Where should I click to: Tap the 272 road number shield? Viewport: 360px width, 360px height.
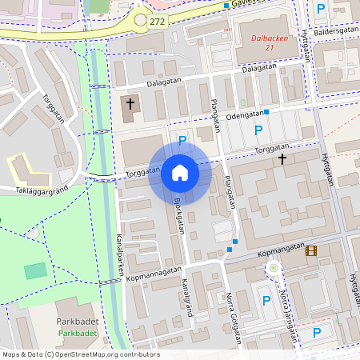click(157, 20)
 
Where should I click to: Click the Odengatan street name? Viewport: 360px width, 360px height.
click(243, 114)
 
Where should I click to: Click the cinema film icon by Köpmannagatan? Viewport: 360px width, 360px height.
click(310, 251)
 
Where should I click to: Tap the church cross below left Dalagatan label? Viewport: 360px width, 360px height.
click(130, 104)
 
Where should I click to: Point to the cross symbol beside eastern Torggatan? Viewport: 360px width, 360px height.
click(282, 159)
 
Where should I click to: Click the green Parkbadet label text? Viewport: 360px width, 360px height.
click(78, 333)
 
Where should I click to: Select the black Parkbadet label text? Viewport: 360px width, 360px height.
click(78, 322)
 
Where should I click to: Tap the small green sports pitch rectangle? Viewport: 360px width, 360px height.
click(35, 270)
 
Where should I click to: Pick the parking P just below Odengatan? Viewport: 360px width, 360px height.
click(258, 130)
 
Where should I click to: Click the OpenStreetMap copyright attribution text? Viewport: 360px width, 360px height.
click(80, 354)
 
